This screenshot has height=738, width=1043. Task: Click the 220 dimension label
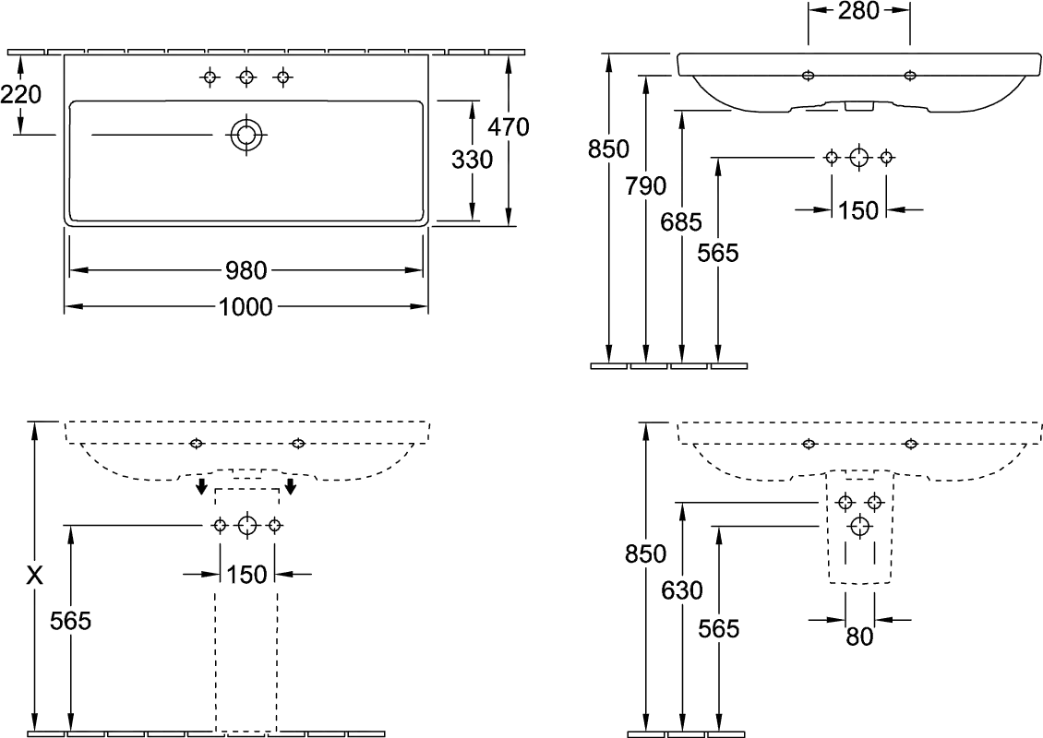click(20, 93)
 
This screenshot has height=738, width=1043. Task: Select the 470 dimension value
click(509, 126)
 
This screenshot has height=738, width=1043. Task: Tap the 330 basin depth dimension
click(473, 160)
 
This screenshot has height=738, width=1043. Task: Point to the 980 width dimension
click(246, 271)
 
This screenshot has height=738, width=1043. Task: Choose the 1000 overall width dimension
click(246, 306)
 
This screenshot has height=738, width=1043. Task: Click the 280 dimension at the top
click(858, 11)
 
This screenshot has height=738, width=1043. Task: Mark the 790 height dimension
click(645, 186)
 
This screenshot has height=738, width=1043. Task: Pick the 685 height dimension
click(681, 221)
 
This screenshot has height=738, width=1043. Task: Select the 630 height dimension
click(681, 590)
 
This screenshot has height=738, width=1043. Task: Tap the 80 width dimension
click(860, 637)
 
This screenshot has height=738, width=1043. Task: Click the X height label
click(34, 575)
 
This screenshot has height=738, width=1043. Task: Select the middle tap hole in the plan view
click(246, 78)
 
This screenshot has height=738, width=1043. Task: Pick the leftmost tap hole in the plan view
click(210, 78)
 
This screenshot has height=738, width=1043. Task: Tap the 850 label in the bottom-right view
click(643, 554)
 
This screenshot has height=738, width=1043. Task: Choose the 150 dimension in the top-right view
click(858, 210)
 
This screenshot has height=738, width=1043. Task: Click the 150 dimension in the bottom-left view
click(246, 575)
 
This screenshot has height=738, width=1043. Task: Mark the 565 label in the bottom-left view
click(71, 622)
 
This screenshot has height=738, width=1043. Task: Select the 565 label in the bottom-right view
click(718, 628)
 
